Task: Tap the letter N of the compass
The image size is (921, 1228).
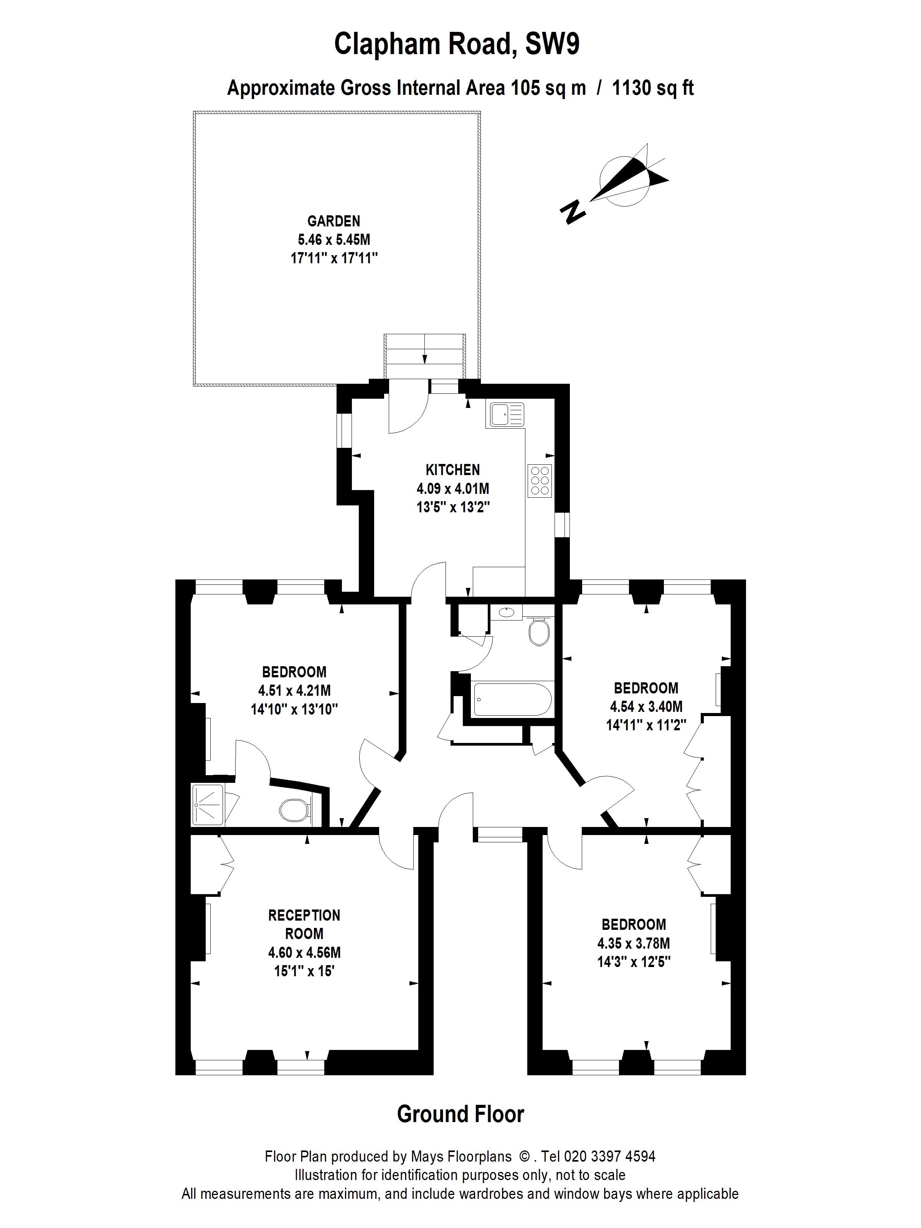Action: [x=573, y=211]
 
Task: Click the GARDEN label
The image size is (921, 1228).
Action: [x=333, y=221]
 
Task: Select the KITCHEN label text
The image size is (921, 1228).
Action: [x=452, y=470]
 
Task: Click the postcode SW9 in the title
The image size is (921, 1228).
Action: [x=552, y=44]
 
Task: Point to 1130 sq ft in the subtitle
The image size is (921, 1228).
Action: [x=653, y=88]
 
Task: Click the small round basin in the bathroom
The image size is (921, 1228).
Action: [x=506, y=612]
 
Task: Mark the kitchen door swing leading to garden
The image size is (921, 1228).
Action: [x=408, y=408]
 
